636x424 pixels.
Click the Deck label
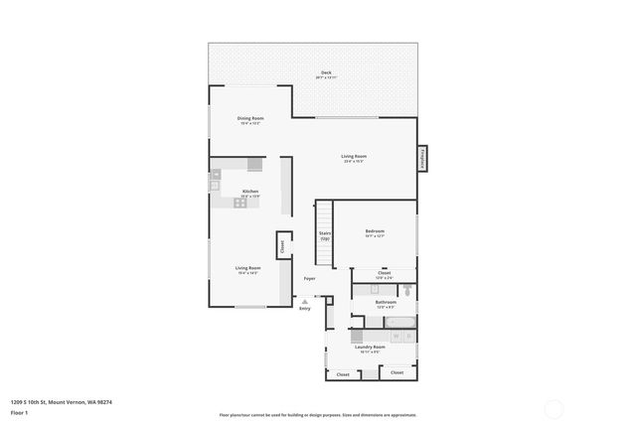325,73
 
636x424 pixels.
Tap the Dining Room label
250,118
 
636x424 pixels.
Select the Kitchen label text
250,191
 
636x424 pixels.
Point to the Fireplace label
421,157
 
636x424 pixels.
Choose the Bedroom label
375,231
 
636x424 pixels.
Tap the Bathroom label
386,302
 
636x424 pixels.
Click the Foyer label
310,279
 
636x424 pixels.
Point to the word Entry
305,309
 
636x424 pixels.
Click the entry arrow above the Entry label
305,301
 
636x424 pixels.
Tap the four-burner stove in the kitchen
239,203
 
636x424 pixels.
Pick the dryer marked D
408,338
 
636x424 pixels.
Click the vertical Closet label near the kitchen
282,244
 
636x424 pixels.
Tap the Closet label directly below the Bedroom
384,273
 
